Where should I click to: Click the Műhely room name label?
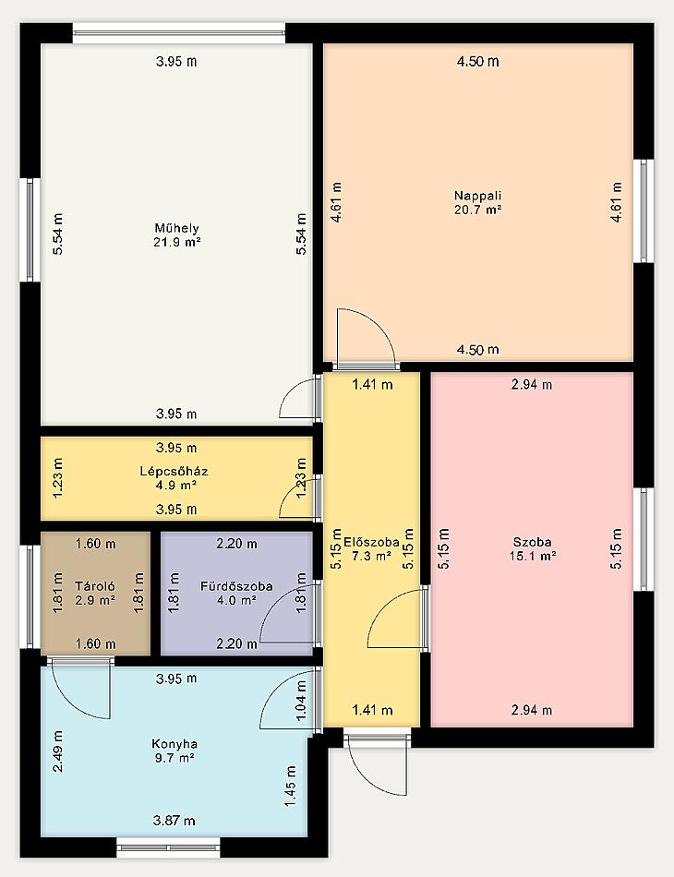pyautogui.click(x=176, y=228)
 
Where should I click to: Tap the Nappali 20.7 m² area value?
pyautogui.click(x=477, y=210)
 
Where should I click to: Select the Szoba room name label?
pyautogui.click(x=533, y=542)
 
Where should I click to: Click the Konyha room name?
pyautogui.click(x=175, y=744)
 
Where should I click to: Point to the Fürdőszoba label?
pyautogui.click(x=236, y=586)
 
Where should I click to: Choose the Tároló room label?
pyautogui.click(x=95, y=586)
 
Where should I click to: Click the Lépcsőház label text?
pyautogui.click(x=174, y=471)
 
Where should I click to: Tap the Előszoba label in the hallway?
pyautogui.click(x=371, y=542)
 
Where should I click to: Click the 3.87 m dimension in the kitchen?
pyautogui.click(x=174, y=821)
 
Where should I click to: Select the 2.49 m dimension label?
pyautogui.click(x=57, y=751)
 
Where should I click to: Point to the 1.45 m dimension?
pyautogui.click(x=290, y=787)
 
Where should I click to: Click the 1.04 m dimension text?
pyautogui.click(x=302, y=701)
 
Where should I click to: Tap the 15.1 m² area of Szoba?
pyautogui.click(x=533, y=556)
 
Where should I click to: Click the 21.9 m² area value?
pyautogui.click(x=176, y=242)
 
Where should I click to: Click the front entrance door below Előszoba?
pyautogui.click(x=376, y=765)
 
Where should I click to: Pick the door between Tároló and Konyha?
pyautogui.click(x=80, y=689)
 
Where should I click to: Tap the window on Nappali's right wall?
pyautogui.click(x=646, y=210)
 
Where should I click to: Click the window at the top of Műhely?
pyautogui.click(x=179, y=33)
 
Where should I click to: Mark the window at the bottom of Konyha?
pyautogui.click(x=169, y=847)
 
